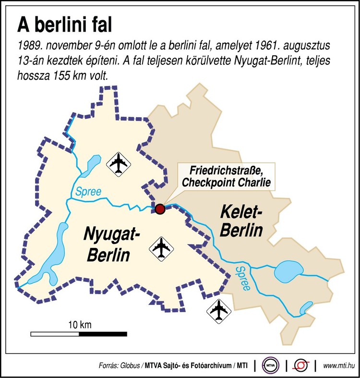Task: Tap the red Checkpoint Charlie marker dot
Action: click(x=160, y=209)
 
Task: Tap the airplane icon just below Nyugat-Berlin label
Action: click(x=161, y=248)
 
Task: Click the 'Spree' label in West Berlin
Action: click(x=88, y=192)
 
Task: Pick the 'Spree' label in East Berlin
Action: click(x=242, y=279)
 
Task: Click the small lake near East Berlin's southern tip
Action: click(x=305, y=307)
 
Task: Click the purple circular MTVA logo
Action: click(x=271, y=366)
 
